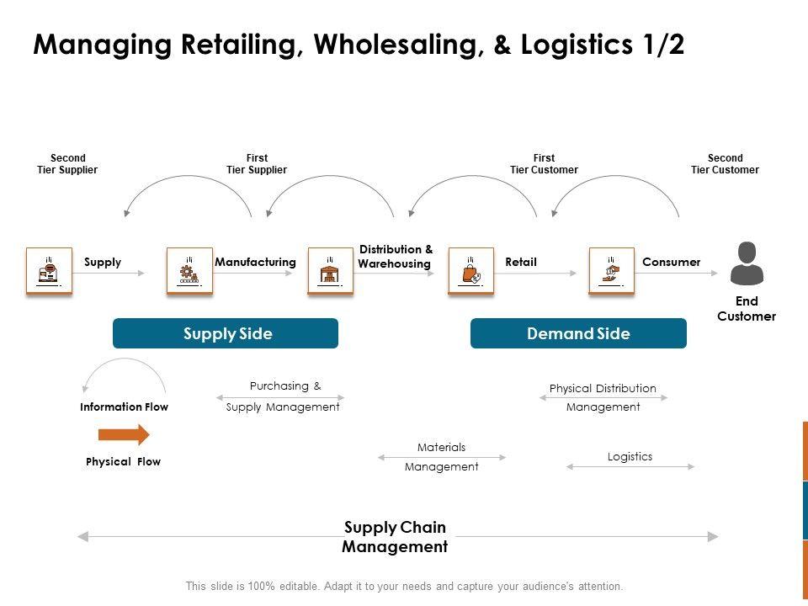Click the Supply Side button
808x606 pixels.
click(x=226, y=333)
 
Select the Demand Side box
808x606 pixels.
click(x=578, y=333)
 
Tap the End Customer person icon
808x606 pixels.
click(x=747, y=263)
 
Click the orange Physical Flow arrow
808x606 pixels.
click(x=124, y=434)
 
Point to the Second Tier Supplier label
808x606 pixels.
click(x=67, y=163)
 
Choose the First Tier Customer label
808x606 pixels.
click(x=544, y=163)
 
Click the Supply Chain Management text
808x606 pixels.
click(x=395, y=537)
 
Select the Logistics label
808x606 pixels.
click(x=630, y=456)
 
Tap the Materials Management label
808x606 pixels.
click(x=441, y=456)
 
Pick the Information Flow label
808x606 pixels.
click(x=124, y=407)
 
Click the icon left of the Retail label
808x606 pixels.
click(x=470, y=270)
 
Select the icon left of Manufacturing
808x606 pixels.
click(x=189, y=270)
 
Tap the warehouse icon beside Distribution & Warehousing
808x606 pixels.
click(x=330, y=270)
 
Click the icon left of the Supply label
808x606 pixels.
click(x=49, y=270)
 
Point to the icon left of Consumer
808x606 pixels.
click(x=611, y=270)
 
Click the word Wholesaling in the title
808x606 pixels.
click(x=405, y=45)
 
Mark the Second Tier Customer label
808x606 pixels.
click(x=725, y=163)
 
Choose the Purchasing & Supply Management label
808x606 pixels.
click(x=284, y=396)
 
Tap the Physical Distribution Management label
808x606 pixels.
click(x=603, y=397)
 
